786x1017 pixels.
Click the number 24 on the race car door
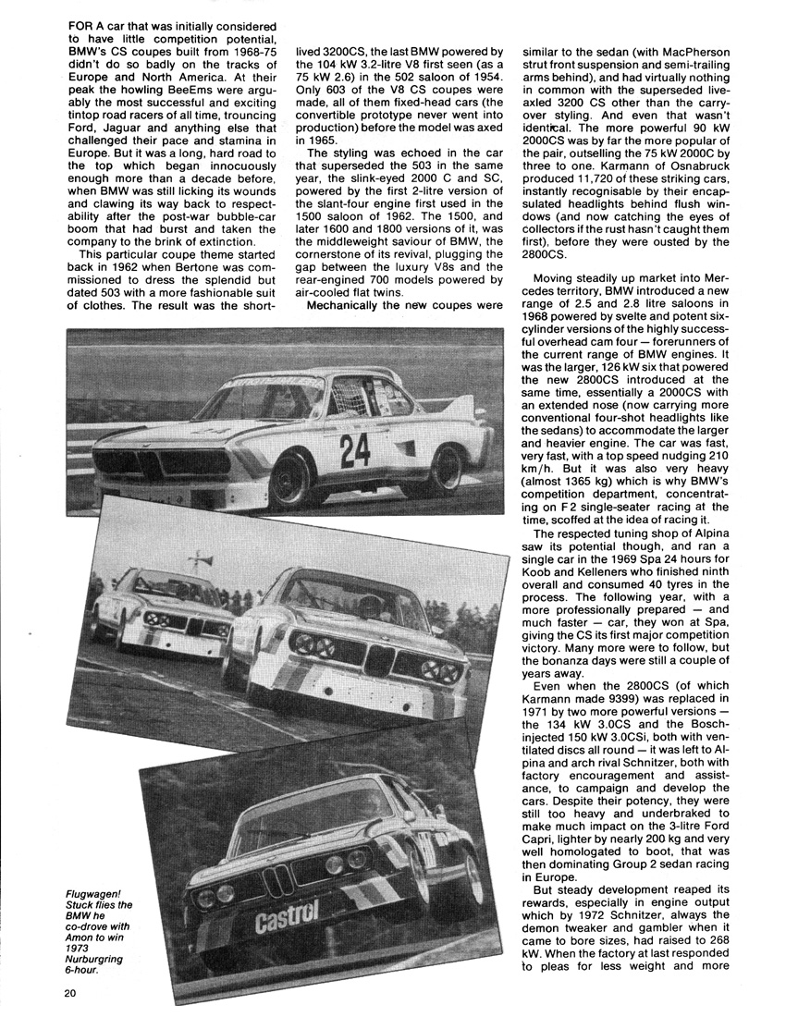tap(355, 449)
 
